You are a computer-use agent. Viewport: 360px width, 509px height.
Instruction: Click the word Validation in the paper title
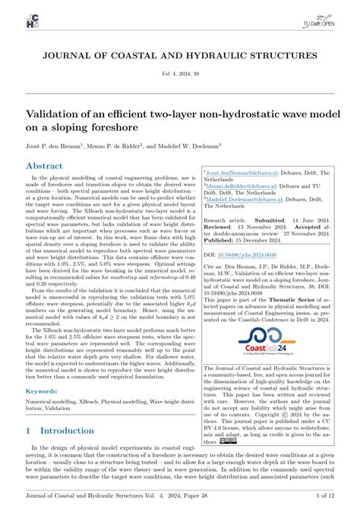click(59, 113)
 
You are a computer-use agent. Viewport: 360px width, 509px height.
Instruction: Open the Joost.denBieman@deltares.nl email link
click(244, 173)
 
